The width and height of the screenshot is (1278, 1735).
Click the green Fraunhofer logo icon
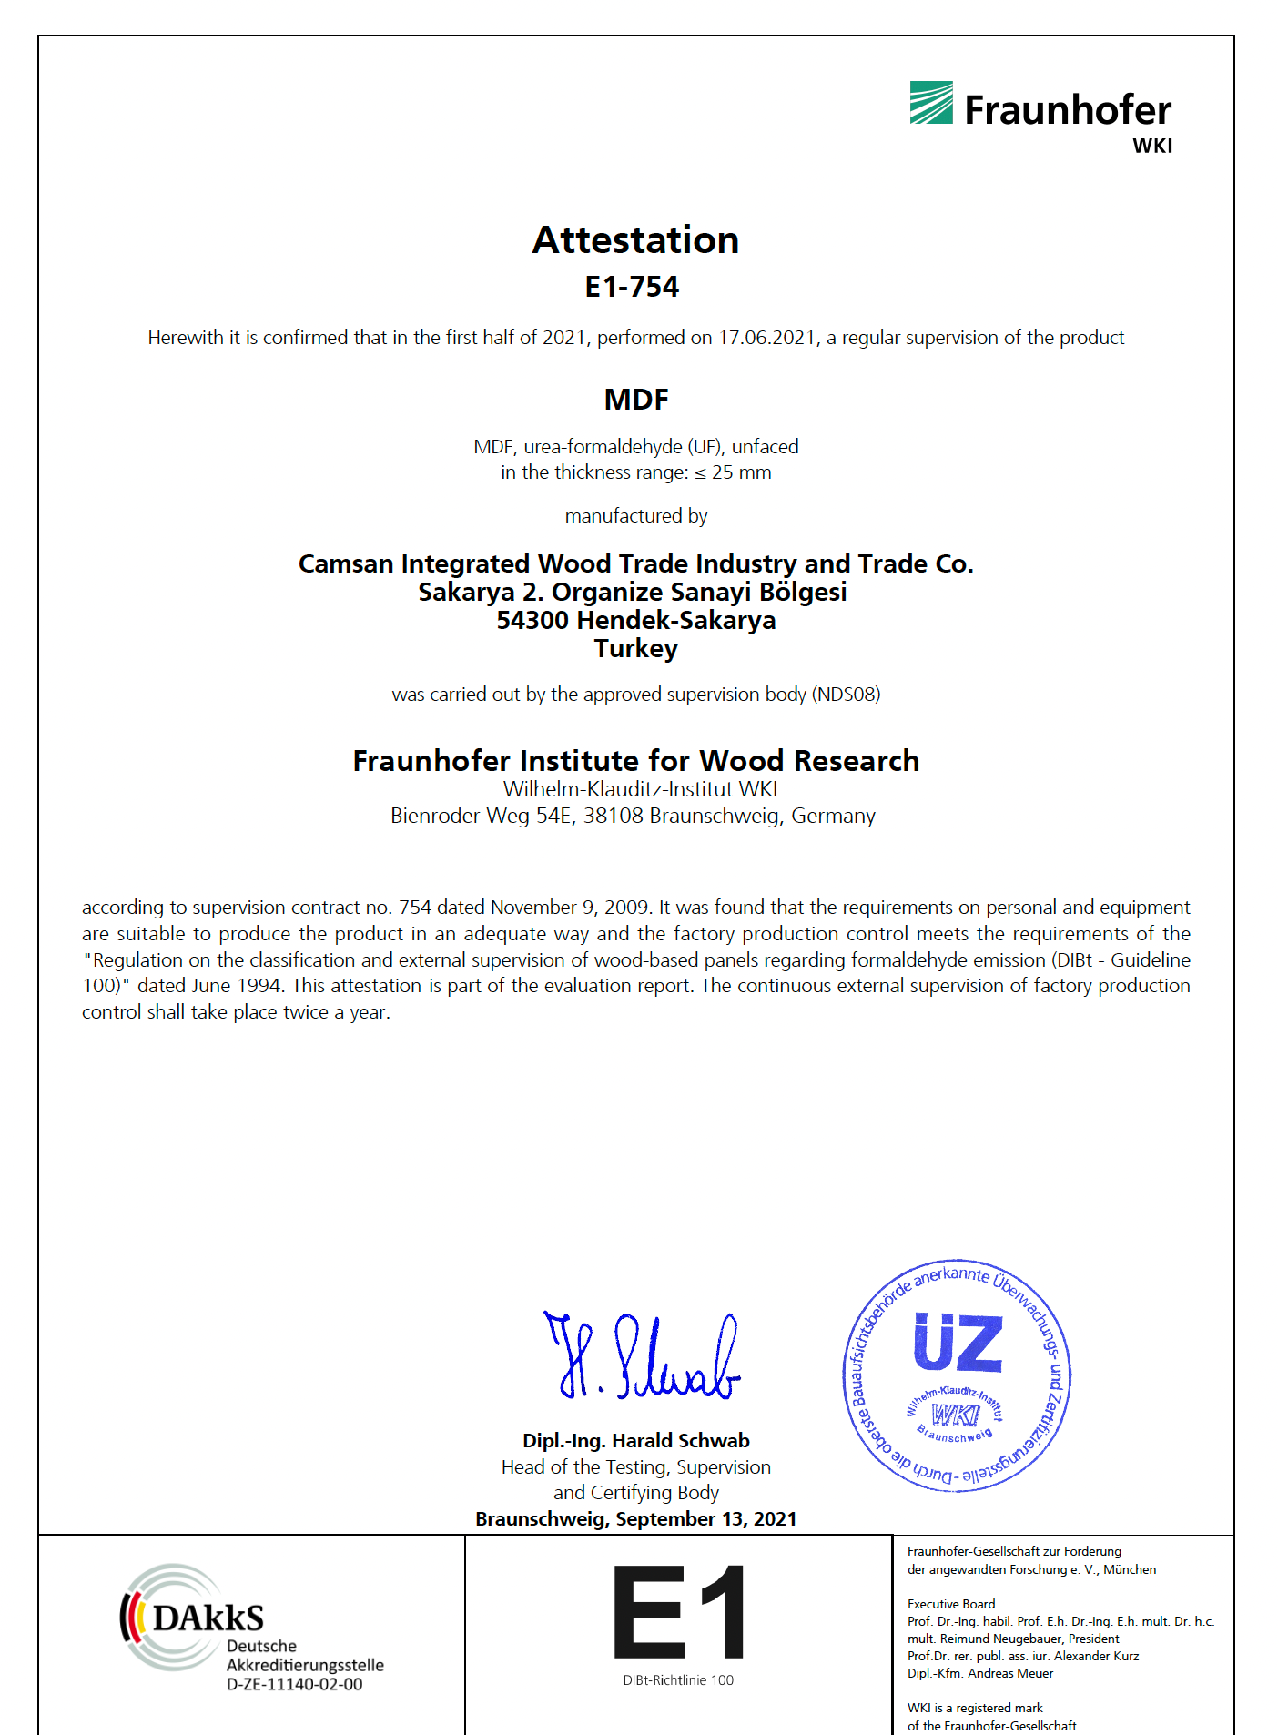pyautogui.click(x=931, y=103)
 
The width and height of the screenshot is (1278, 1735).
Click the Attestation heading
pyautogui.click(x=635, y=240)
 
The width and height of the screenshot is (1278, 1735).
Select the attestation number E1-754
pyautogui.click(x=632, y=287)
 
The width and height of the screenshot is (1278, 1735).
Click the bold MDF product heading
pyautogui.click(x=636, y=399)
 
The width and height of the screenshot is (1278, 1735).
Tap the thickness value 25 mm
pyautogui.click(x=741, y=472)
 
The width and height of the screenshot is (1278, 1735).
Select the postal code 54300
pyautogui.click(x=532, y=621)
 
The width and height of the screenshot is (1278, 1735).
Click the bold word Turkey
pyautogui.click(x=635, y=649)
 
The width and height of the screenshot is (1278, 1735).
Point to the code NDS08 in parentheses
pyautogui.click(x=847, y=695)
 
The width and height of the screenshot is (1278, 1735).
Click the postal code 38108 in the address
pyautogui.click(x=613, y=816)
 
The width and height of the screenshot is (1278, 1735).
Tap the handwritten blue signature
pyautogui.click(x=643, y=1356)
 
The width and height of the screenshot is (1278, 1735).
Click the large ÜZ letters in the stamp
pyautogui.click(x=958, y=1343)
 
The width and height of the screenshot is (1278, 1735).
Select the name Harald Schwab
pyautogui.click(x=680, y=1440)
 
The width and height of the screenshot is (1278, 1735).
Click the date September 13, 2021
pyautogui.click(x=705, y=1518)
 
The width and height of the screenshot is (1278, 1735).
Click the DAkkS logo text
pyautogui.click(x=208, y=1618)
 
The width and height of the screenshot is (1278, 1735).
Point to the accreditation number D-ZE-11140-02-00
pyautogui.click(x=294, y=1684)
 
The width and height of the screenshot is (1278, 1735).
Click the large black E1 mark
pyautogui.click(x=678, y=1612)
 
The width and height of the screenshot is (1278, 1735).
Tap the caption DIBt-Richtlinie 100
pyautogui.click(x=678, y=1680)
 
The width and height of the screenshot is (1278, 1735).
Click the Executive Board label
pyautogui.click(x=951, y=1604)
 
